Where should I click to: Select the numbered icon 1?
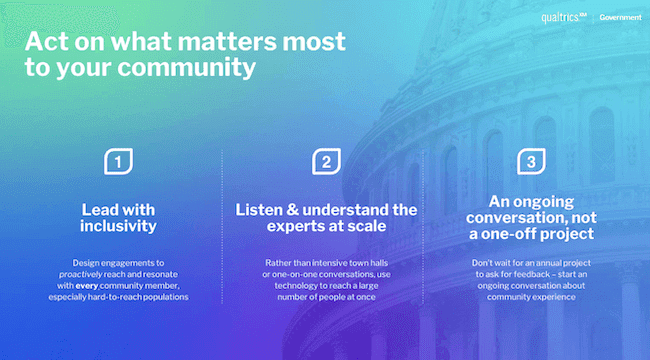[119, 162]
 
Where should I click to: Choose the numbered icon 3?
[529, 162]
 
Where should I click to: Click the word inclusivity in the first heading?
[120, 228]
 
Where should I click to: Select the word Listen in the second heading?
[262, 210]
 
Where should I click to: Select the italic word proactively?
[87, 274]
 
